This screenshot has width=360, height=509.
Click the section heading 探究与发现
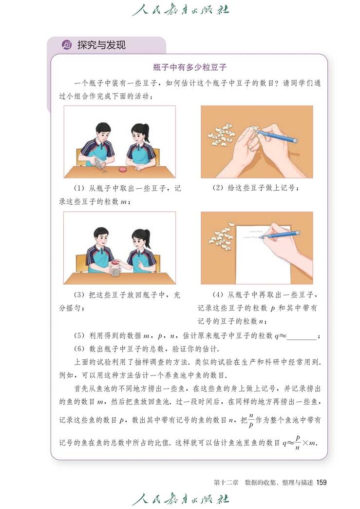(x=101, y=45)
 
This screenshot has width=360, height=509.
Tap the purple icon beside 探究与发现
(x=67, y=45)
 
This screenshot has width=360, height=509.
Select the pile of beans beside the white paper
(x=222, y=233)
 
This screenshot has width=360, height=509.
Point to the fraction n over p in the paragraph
(x=251, y=419)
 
